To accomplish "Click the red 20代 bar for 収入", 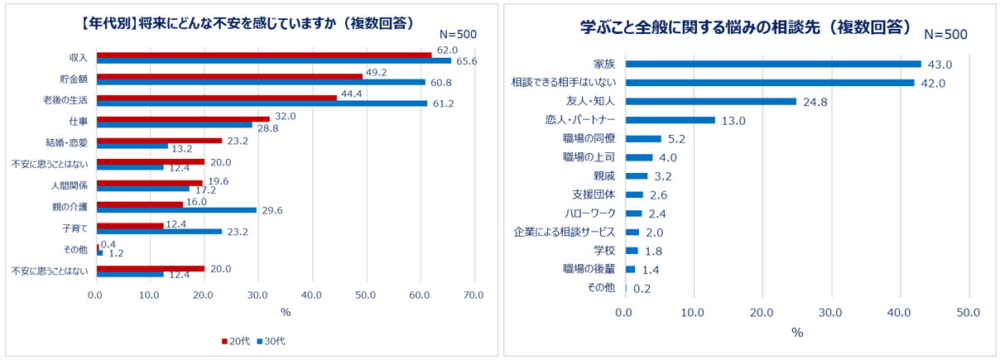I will click(x=263, y=55).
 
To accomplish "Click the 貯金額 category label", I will click(x=75, y=79).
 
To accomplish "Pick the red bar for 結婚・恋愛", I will click(x=159, y=140).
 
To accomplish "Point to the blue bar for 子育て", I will click(x=159, y=232).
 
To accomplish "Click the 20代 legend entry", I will click(x=235, y=341).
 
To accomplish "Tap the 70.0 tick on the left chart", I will click(x=474, y=294).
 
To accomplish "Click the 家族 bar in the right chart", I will click(x=772, y=64).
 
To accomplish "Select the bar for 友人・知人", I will click(x=710, y=101).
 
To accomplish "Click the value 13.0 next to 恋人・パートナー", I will click(x=734, y=121).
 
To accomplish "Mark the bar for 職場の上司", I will click(x=639, y=157).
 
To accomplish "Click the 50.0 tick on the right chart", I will click(x=968, y=312).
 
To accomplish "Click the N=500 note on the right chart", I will click(x=945, y=35).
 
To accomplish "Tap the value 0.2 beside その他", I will click(x=642, y=289).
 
